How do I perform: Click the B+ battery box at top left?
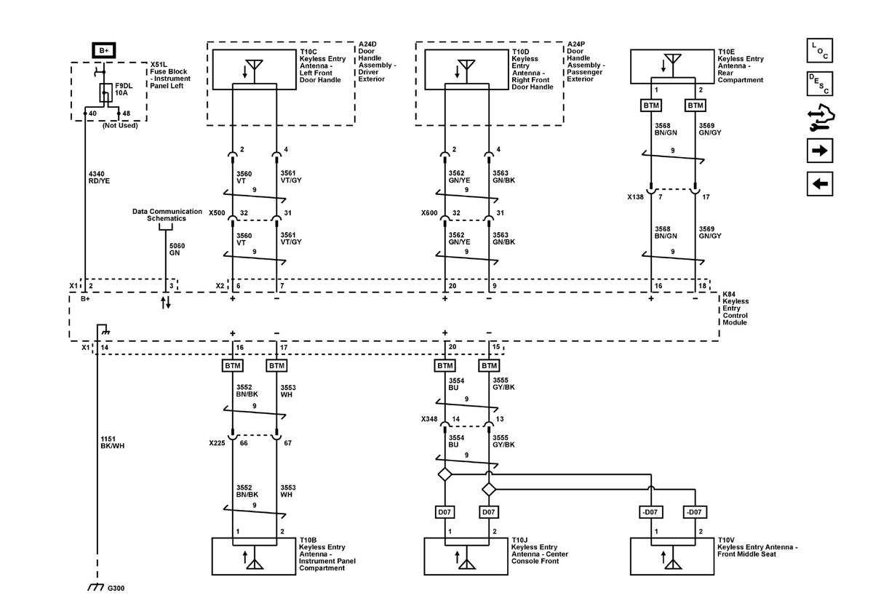click(x=104, y=50)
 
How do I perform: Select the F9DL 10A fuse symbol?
click(x=105, y=93)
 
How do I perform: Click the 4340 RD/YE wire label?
click(x=100, y=177)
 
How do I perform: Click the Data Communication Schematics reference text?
click(x=167, y=215)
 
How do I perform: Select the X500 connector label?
click(x=217, y=213)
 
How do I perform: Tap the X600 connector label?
click(x=429, y=213)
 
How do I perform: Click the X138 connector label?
click(x=637, y=196)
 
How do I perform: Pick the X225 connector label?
click(x=217, y=442)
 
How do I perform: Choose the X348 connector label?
click(x=429, y=419)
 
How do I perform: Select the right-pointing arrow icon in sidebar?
click(x=820, y=151)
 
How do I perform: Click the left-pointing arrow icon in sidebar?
click(x=820, y=184)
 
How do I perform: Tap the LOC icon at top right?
click(x=820, y=51)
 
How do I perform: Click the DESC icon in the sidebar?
click(x=820, y=84)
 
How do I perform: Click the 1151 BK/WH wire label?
click(x=113, y=442)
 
